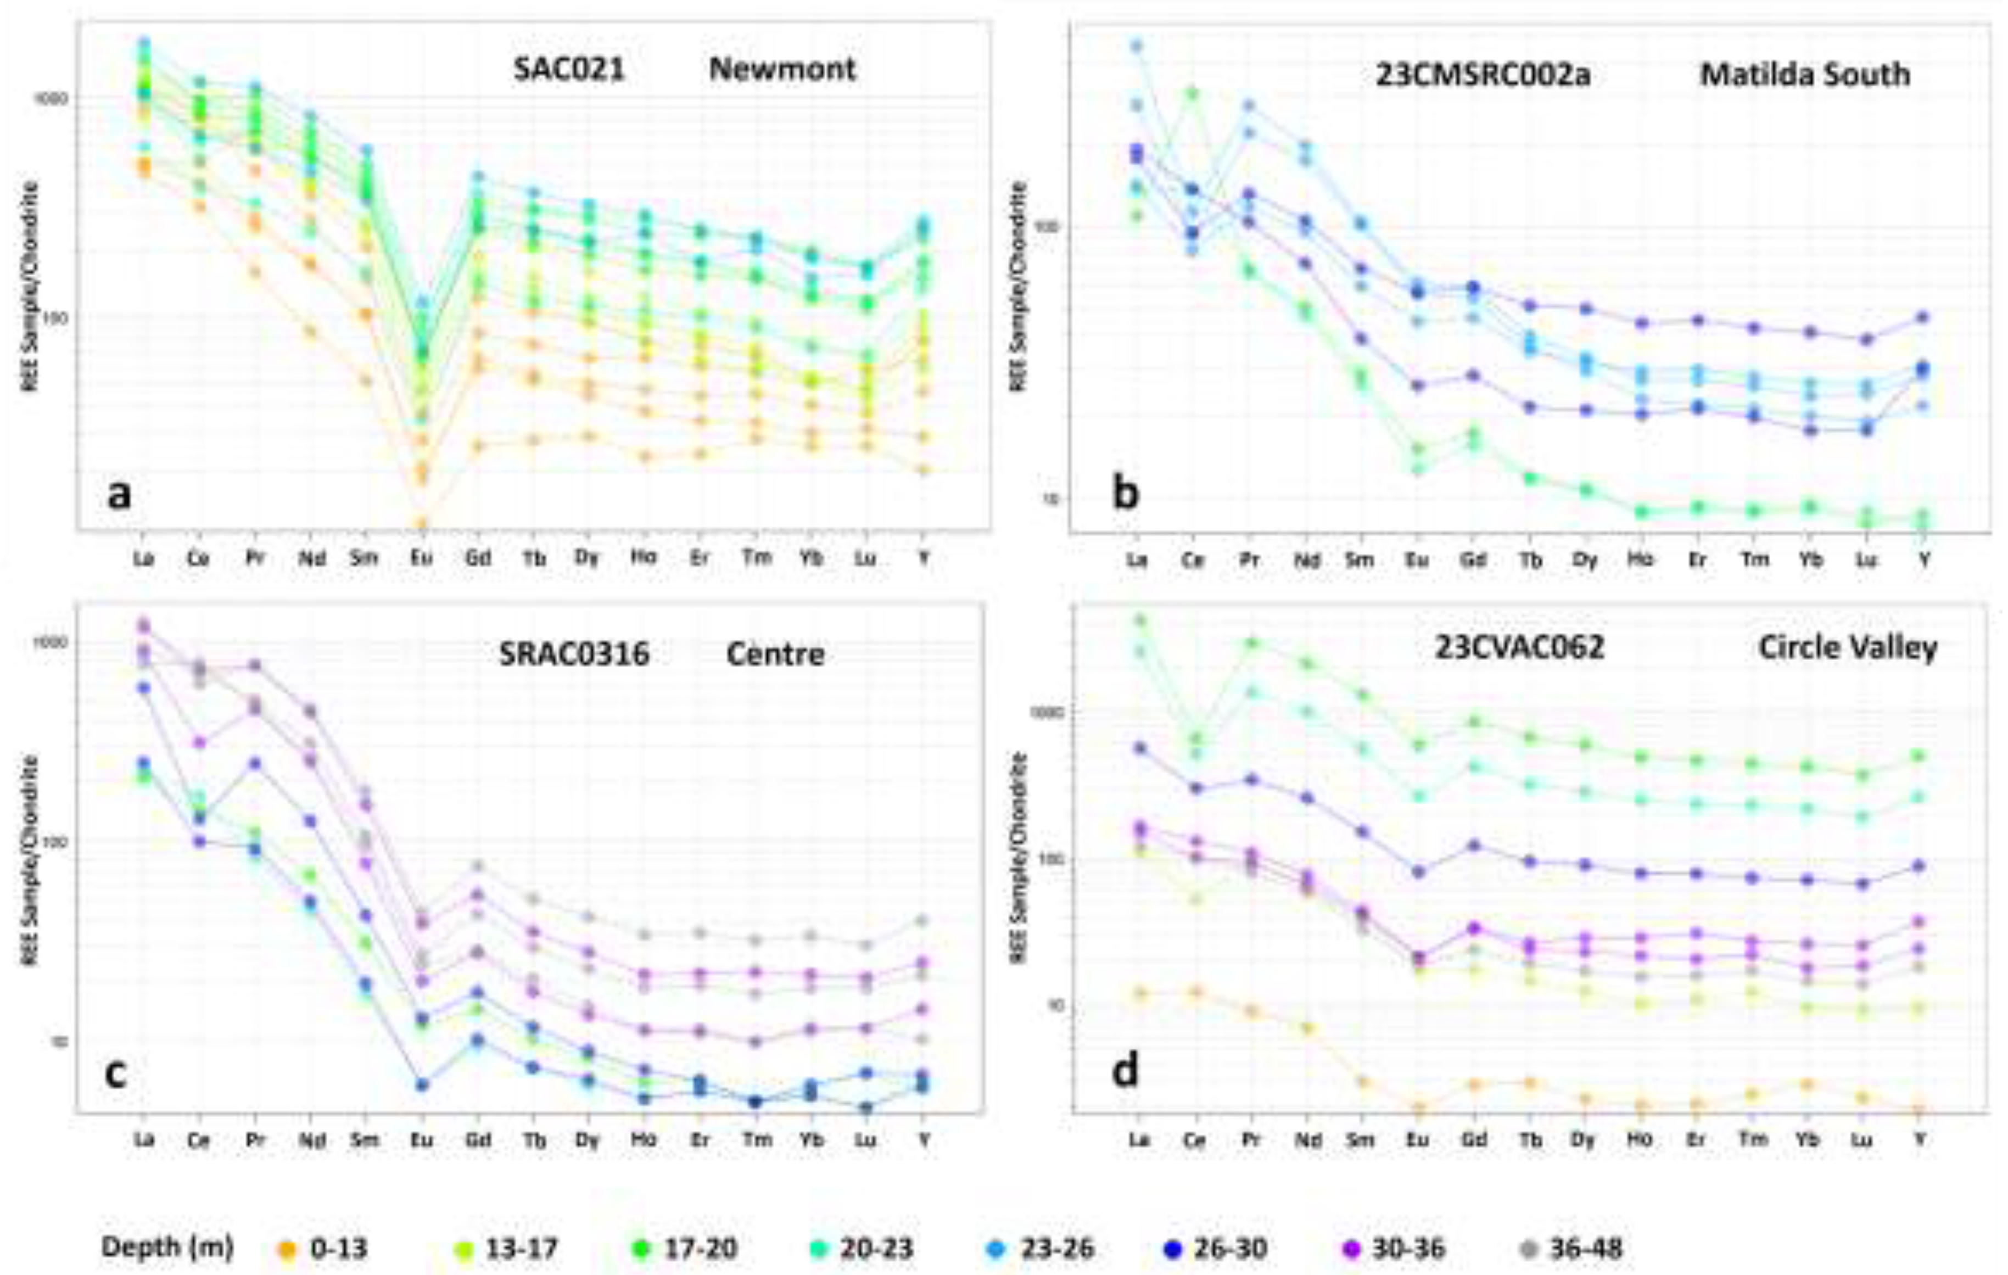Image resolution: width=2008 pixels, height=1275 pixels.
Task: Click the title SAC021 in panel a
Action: pos(569,69)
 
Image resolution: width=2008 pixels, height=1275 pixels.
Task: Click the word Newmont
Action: pos(782,69)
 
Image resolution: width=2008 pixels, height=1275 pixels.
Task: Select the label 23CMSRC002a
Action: pos(1483,75)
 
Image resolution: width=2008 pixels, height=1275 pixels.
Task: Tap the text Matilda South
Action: pos(1804,75)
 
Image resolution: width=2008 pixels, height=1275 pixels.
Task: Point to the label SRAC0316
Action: pos(574,654)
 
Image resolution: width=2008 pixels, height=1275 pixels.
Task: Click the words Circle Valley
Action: pos(1847,648)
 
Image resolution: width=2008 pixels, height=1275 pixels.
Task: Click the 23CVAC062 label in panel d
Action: pos(1519,648)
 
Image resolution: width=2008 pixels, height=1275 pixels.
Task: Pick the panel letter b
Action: pos(1125,494)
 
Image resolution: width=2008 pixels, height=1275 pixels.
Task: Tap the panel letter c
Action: pos(115,1072)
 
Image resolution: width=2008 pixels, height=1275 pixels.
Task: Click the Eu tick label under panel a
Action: pos(422,557)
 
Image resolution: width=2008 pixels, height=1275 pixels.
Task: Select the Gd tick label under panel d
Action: pos(1474,1140)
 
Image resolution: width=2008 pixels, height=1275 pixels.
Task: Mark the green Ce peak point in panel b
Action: pos(1193,93)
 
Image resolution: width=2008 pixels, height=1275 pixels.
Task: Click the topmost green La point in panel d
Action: pos(1139,619)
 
